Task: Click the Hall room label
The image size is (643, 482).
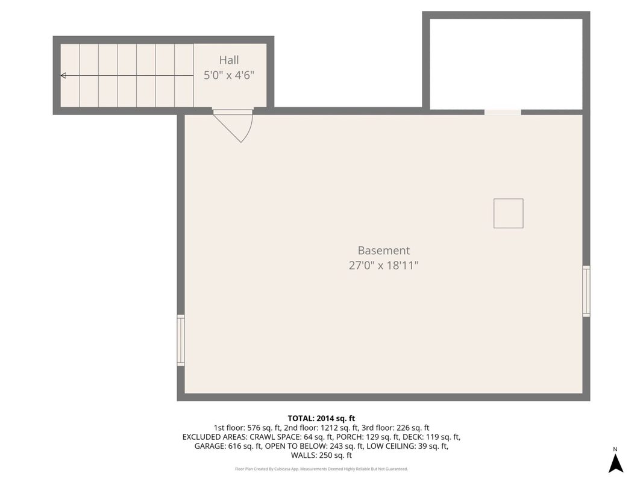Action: [229, 60]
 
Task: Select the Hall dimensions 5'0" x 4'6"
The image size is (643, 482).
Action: [229, 75]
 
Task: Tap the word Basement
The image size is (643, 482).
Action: [384, 251]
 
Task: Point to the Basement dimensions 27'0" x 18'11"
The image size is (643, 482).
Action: [384, 266]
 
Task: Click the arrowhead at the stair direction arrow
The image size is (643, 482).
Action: [63, 75]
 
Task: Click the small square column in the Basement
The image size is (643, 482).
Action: [508, 213]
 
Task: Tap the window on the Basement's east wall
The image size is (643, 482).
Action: [586, 291]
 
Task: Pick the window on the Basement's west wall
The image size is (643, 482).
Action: [180, 340]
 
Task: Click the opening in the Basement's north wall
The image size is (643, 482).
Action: [503, 112]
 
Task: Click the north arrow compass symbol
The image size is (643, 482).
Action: [615, 463]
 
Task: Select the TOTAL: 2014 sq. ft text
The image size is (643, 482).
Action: [321, 419]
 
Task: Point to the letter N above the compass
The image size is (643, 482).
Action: [615, 449]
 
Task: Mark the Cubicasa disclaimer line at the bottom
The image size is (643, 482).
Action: [322, 469]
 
